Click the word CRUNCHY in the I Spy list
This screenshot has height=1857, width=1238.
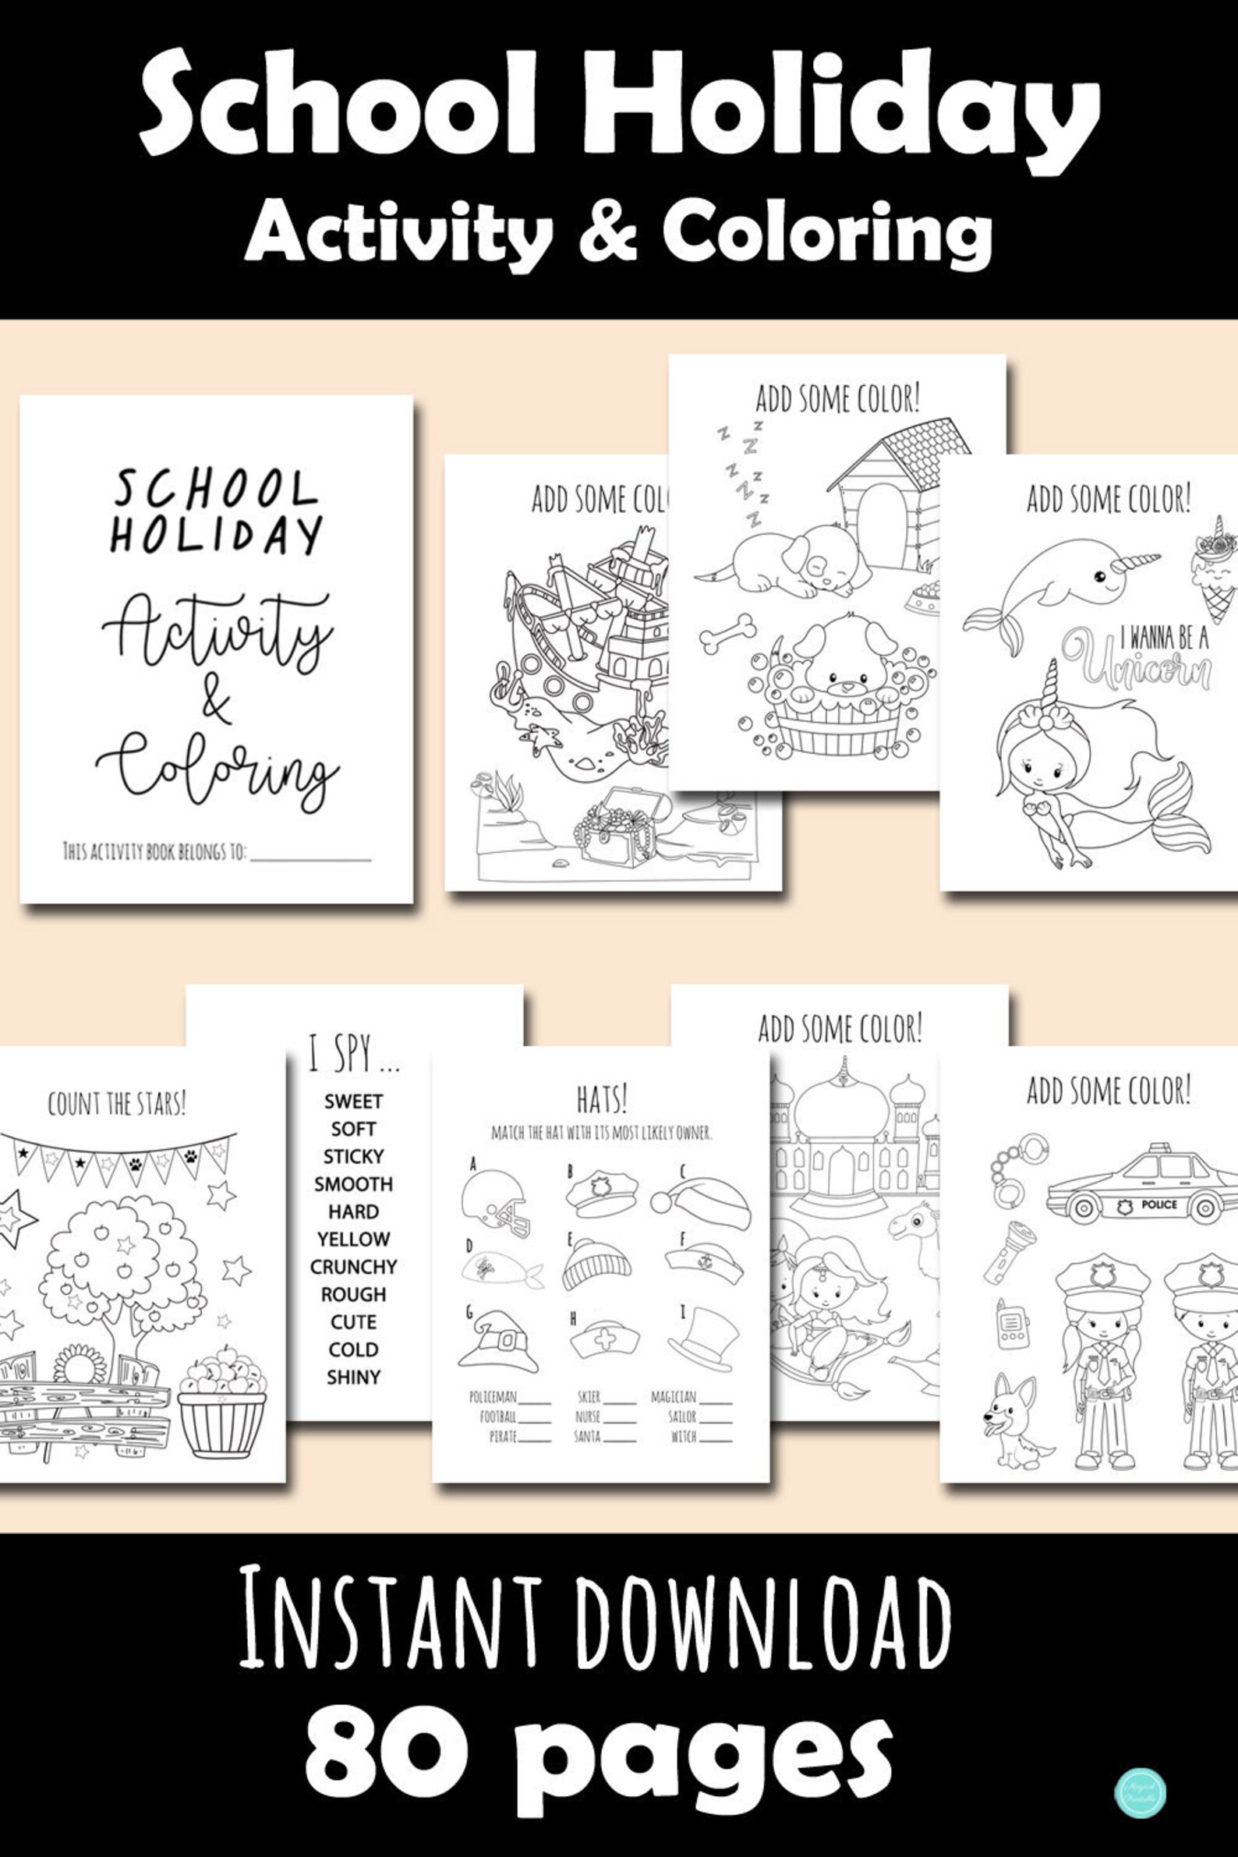point(353,1266)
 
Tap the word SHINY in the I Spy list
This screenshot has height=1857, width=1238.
point(353,1376)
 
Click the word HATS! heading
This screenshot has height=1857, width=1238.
point(602,1098)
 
